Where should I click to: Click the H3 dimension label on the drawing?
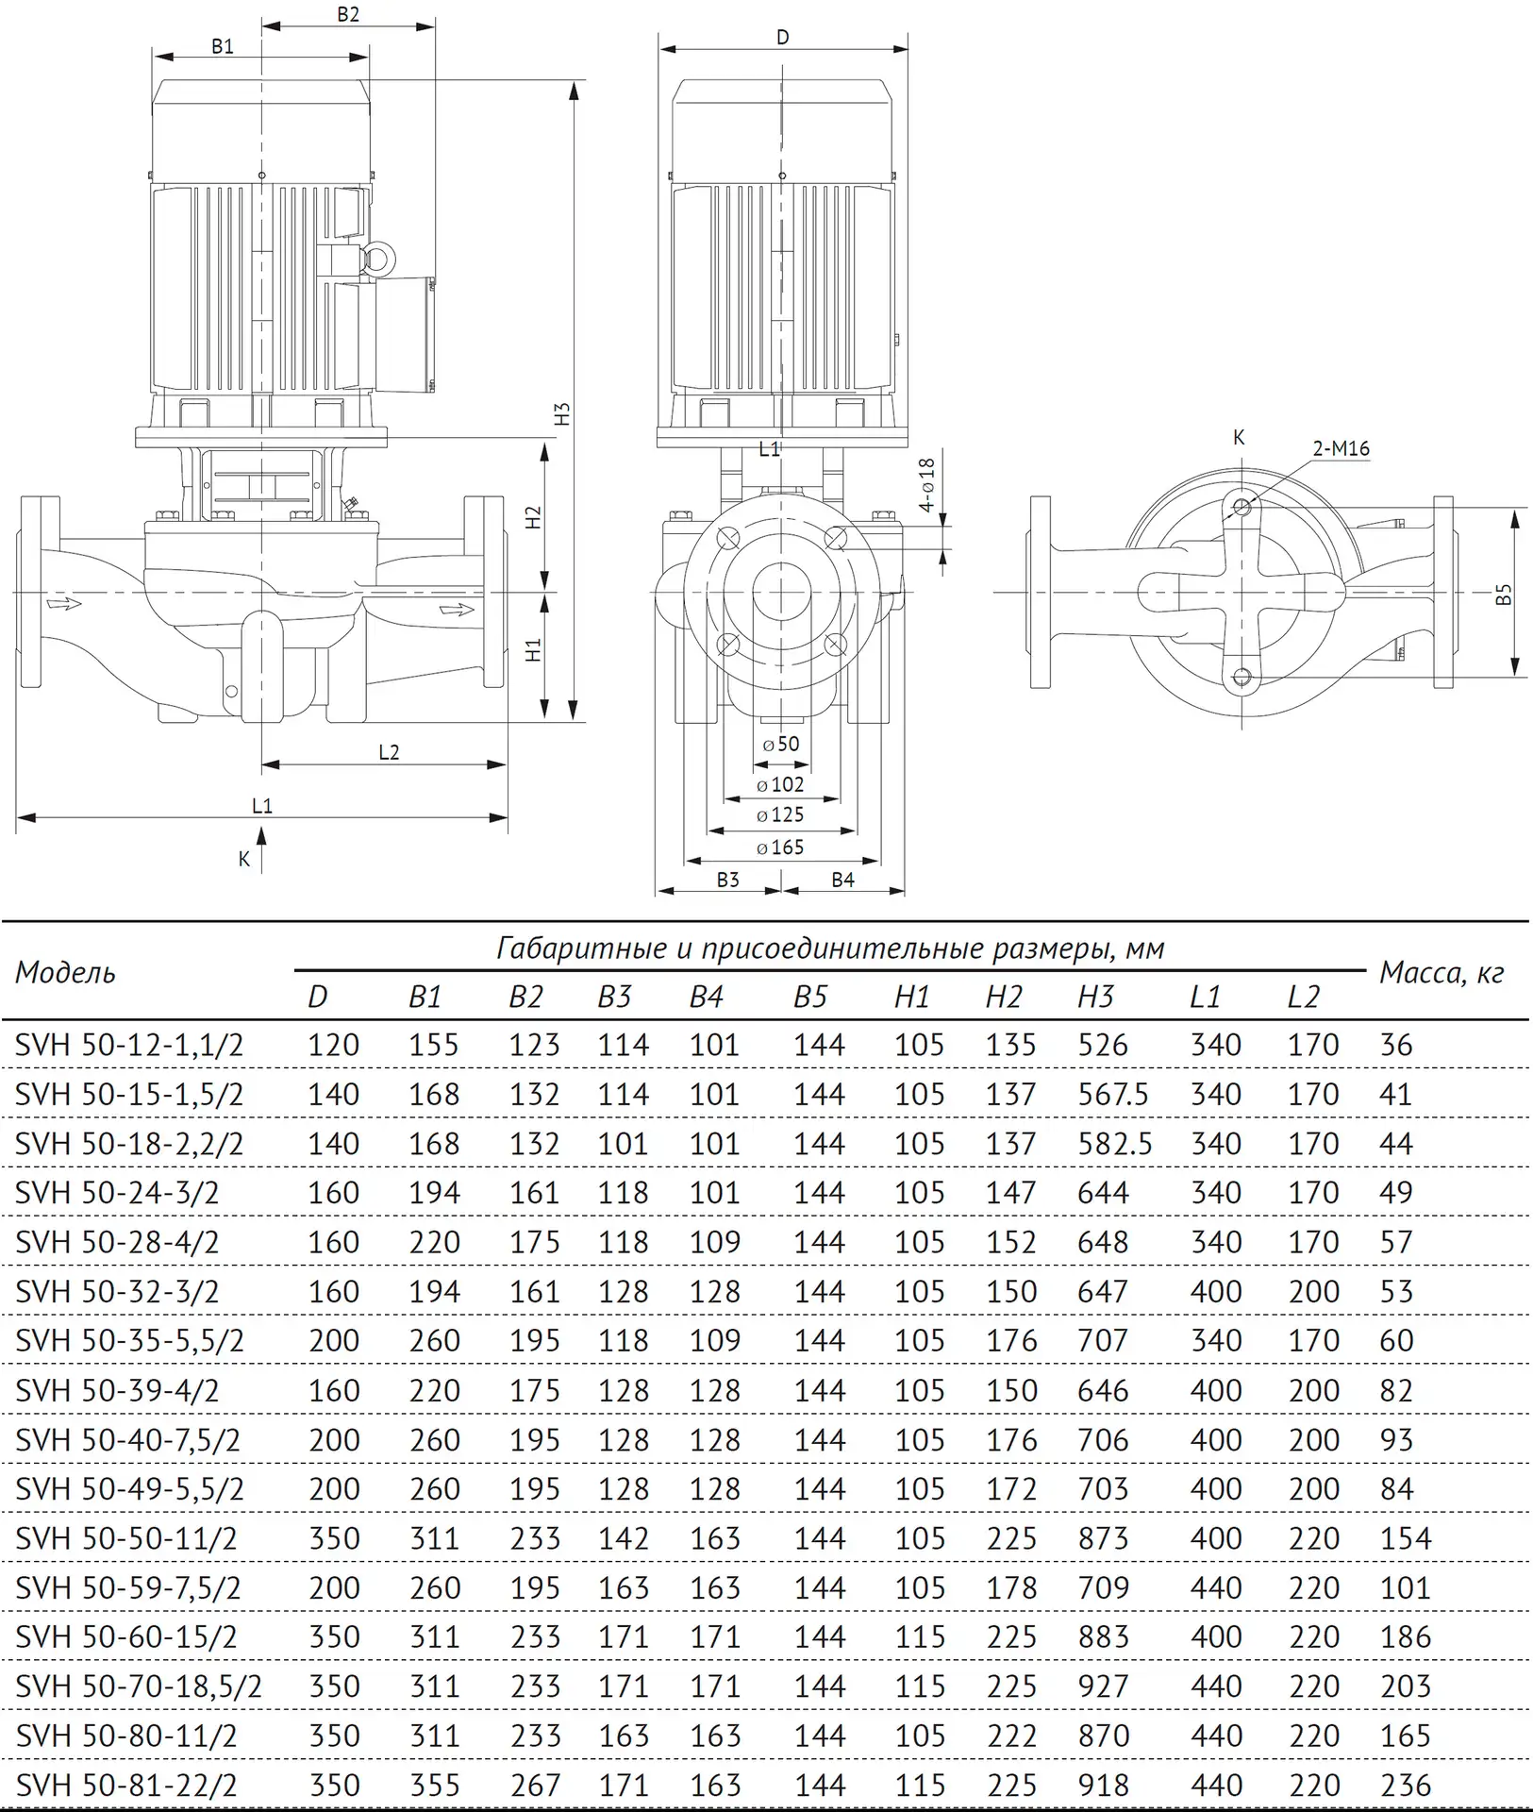coord(562,413)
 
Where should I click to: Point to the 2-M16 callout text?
coord(1341,448)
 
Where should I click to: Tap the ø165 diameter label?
coord(780,847)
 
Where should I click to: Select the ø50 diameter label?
coord(780,744)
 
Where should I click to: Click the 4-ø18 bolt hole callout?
coord(927,485)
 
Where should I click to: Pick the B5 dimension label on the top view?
coord(1504,595)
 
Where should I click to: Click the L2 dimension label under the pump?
coord(389,752)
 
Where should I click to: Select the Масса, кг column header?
coord(1441,973)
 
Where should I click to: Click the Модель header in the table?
coord(65,972)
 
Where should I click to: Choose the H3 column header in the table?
coord(1095,997)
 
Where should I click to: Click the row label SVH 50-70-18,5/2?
coord(139,1686)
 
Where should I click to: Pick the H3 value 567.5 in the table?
coord(1112,1095)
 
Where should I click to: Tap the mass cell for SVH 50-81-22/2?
coord(1406,1786)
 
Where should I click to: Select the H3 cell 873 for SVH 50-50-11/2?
coord(1102,1538)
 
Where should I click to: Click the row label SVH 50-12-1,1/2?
coord(129,1045)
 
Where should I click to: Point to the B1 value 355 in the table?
coord(434,1786)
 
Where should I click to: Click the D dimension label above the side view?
coord(782,38)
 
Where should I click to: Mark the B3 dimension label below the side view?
coord(727,880)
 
